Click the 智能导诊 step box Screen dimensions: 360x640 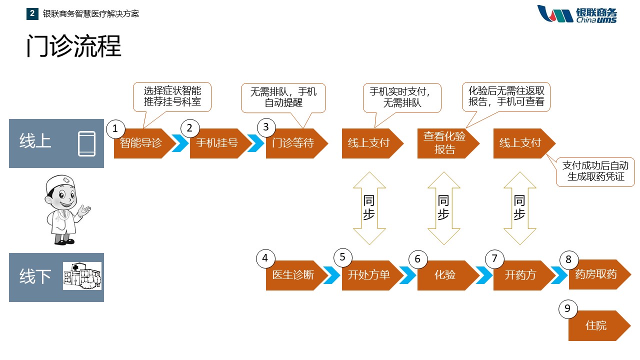142,143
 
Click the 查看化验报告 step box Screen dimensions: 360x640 445,143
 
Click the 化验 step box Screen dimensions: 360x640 445,275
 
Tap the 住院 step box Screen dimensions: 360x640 596,325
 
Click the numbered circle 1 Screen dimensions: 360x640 115,128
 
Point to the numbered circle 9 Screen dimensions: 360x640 567,309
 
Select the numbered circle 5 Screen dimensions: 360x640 342,257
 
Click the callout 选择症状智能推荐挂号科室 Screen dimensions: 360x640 172,96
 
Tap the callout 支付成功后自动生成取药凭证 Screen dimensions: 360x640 595,171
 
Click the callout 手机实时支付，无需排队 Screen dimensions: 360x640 402,97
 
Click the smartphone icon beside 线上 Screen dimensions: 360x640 86,143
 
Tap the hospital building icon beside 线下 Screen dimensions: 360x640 82,276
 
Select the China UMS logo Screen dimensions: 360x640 577,14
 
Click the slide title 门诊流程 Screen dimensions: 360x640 74,46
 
